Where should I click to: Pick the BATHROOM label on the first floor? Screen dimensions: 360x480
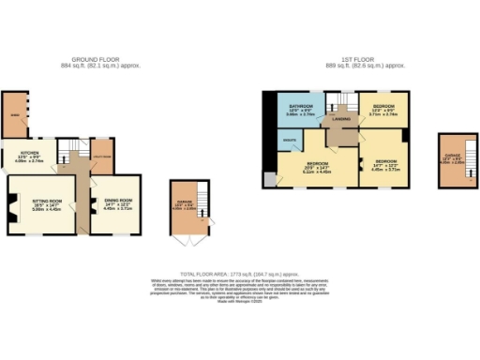(x=301, y=108)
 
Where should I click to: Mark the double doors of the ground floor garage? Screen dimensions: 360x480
(x=184, y=240)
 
